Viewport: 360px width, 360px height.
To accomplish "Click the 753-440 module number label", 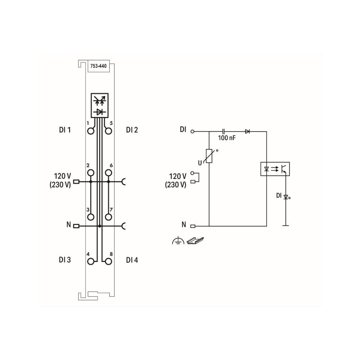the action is tap(98, 66).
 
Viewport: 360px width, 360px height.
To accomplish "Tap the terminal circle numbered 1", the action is tap(91, 131).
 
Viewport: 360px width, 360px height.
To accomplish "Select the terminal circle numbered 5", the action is tap(108, 131).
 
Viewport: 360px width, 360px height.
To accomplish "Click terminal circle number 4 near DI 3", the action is tap(91, 261).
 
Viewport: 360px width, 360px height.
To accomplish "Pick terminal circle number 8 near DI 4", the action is tap(108, 261).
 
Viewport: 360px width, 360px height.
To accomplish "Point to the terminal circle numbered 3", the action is tap(91, 217).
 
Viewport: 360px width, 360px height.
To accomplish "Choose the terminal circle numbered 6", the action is tap(108, 173).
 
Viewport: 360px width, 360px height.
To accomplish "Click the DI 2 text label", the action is tap(132, 130).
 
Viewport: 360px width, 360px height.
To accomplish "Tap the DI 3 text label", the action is tap(65, 260).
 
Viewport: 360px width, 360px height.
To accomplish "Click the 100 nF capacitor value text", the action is tap(227, 138).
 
